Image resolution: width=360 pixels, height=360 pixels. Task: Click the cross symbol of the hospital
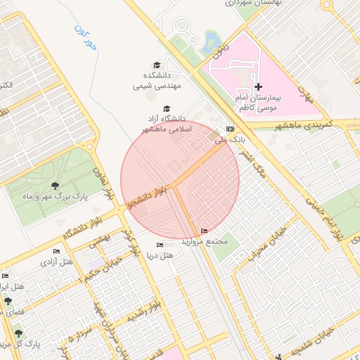[258, 86]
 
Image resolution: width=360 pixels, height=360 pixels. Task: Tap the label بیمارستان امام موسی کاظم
[257, 103]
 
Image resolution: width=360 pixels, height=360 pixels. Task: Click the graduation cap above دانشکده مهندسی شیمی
[167, 65]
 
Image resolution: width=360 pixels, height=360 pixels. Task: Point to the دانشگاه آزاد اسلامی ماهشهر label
[166, 124]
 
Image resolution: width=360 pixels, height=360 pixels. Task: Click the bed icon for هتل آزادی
[57, 251]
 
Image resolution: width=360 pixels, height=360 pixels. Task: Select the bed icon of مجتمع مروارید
[205, 231]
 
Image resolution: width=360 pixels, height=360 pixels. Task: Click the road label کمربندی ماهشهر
[307, 124]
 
